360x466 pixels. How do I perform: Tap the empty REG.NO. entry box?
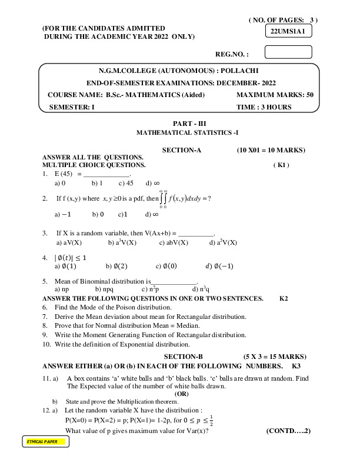[288, 53]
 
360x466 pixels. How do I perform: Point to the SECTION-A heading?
[182, 150]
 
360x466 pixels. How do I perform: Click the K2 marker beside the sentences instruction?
[284, 299]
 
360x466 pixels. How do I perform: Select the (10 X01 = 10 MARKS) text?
[271, 150]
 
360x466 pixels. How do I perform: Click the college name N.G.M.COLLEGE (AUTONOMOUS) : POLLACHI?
[181, 70]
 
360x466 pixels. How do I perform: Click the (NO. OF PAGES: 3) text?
[283, 20]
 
